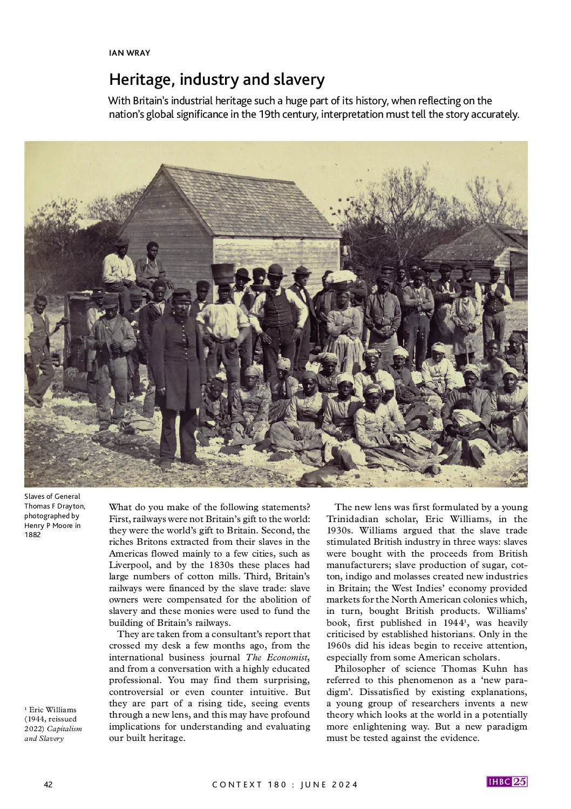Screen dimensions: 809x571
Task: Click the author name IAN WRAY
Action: coord(129,53)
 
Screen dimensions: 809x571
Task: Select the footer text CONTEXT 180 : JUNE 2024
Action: coord(285,785)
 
